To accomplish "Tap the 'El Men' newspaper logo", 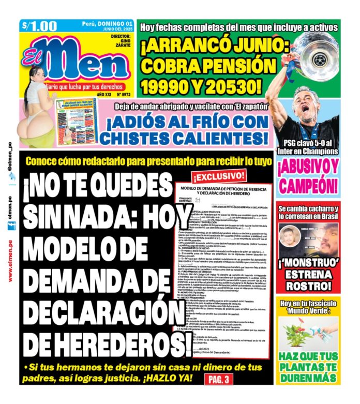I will [78, 59].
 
